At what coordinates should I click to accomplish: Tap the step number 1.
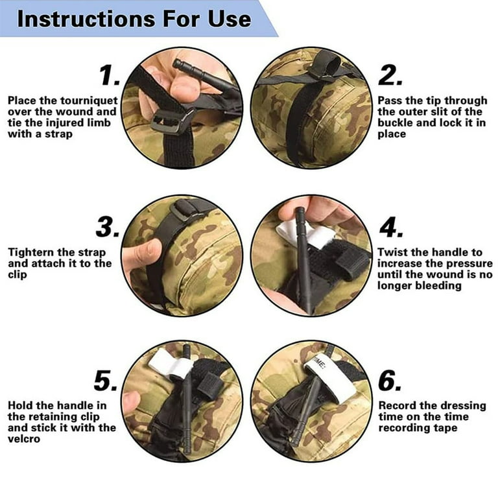[110, 76]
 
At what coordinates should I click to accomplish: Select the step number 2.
[390, 76]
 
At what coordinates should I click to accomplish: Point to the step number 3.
[108, 227]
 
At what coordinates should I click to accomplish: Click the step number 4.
[391, 227]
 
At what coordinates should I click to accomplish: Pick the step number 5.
[106, 381]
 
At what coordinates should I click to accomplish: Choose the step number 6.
[390, 381]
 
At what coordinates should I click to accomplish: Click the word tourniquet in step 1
[89, 101]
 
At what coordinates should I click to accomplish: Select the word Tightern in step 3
[29, 253]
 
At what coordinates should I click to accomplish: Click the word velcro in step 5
[24, 439]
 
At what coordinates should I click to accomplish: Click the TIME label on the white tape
[319, 362]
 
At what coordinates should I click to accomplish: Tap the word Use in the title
[230, 19]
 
